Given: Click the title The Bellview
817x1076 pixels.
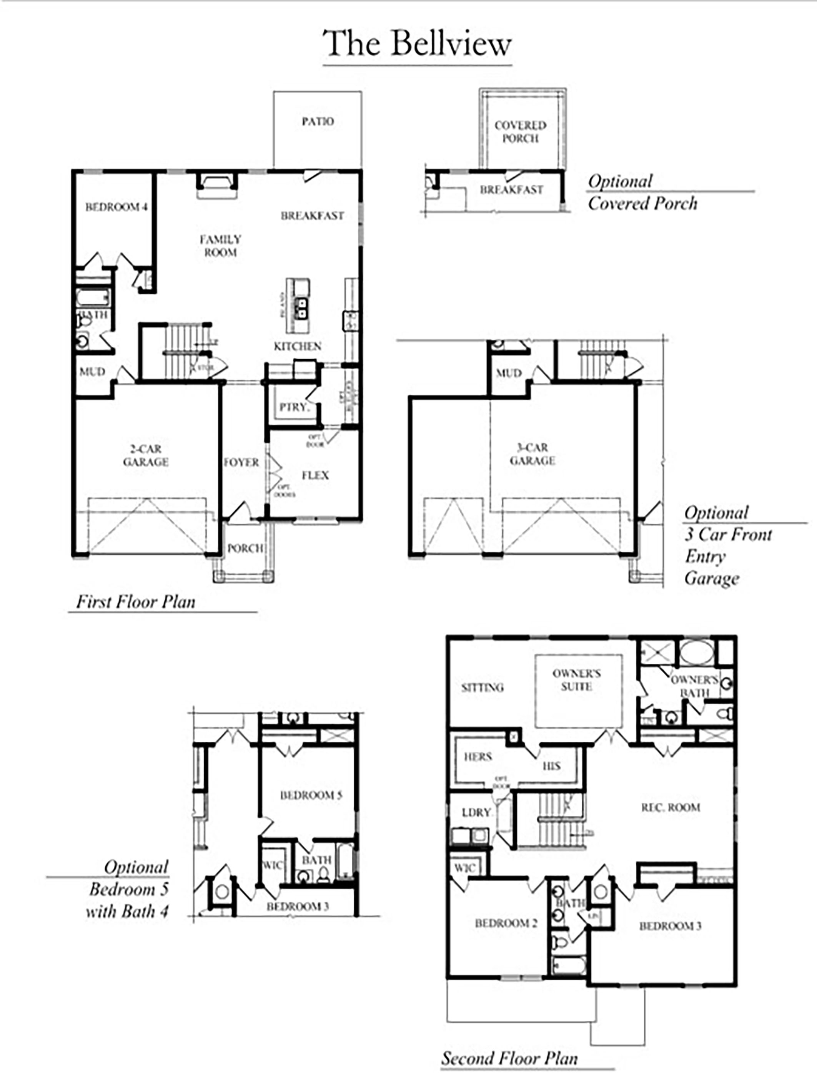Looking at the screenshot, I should click(x=417, y=44).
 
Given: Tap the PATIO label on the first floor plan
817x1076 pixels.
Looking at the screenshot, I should click(x=318, y=121).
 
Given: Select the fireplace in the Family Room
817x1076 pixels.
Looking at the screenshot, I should click(x=217, y=185).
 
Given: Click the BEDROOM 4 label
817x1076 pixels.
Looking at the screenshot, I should click(x=116, y=207).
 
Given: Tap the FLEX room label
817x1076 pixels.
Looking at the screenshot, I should click(x=315, y=475).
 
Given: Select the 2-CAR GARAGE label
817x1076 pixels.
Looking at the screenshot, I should click(x=145, y=455).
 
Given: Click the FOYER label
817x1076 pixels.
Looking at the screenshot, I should click(x=241, y=462).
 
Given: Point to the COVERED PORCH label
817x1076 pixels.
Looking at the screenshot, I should click(x=520, y=132).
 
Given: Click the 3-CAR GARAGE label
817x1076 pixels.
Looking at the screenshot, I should click(x=532, y=454).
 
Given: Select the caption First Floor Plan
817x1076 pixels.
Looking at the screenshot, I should click(x=136, y=602).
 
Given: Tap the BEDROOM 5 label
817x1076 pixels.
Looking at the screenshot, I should click(x=311, y=795).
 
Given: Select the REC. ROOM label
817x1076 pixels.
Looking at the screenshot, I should click(x=671, y=807).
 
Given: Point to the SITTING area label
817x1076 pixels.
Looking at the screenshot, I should click(x=482, y=687).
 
